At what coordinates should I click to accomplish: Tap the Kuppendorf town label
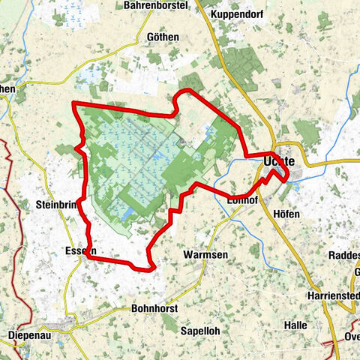tap(238, 14)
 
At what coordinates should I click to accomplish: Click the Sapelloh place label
tap(199, 330)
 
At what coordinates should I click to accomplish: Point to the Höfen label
tap(286, 214)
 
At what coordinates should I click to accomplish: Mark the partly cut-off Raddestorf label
tap(344, 255)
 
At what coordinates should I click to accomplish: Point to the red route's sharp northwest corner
tap(73, 103)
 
